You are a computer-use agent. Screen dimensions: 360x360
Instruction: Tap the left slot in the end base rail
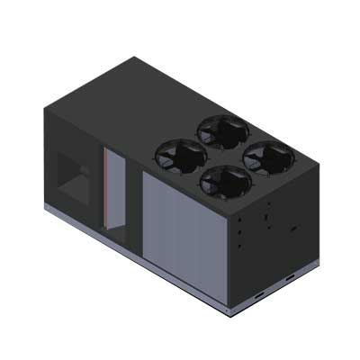(258, 294)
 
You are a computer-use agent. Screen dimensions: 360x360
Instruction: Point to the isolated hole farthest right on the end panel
(292, 229)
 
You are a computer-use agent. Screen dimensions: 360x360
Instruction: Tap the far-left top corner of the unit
(43, 107)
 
